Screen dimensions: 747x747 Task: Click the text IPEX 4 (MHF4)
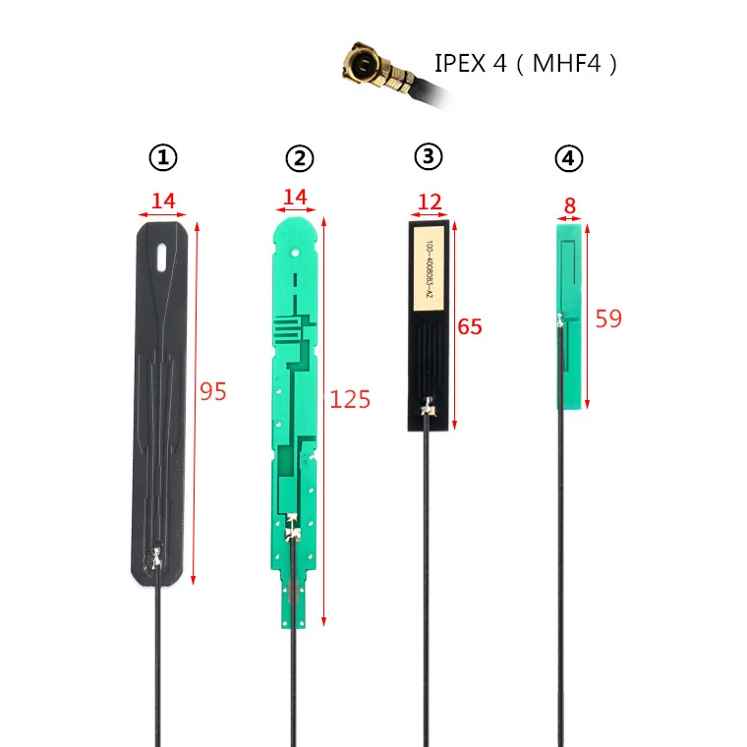click(526, 65)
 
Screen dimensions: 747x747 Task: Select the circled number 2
click(299, 157)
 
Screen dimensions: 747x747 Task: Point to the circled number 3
click(429, 155)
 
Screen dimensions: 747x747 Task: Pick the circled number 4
click(567, 157)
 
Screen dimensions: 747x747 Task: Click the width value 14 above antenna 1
click(163, 201)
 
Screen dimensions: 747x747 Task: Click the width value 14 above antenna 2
click(295, 197)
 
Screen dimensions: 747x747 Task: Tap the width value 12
click(430, 201)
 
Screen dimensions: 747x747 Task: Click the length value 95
click(213, 391)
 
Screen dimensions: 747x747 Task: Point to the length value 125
click(350, 399)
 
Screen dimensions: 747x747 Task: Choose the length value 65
click(470, 326)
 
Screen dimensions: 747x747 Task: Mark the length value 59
click(608, 318)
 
